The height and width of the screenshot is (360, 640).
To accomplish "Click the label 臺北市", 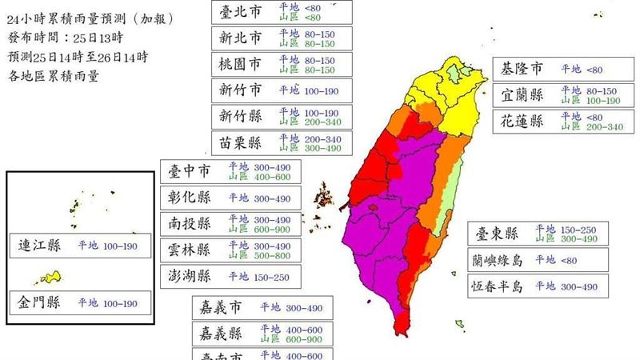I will click(x=240, y=11).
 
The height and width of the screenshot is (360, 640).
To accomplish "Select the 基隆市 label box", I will click(x=521, y=69).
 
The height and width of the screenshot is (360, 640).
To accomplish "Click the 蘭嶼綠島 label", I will click(x=497, y=259).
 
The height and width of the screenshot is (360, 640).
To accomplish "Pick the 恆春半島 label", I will click(x=497, y=286).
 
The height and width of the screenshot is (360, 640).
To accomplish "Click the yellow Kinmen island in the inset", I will click(x=51, y=278).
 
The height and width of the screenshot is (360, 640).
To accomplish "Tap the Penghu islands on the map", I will click(x=324, y=196).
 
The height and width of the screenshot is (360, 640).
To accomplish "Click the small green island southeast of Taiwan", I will click(x=460, y=324).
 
